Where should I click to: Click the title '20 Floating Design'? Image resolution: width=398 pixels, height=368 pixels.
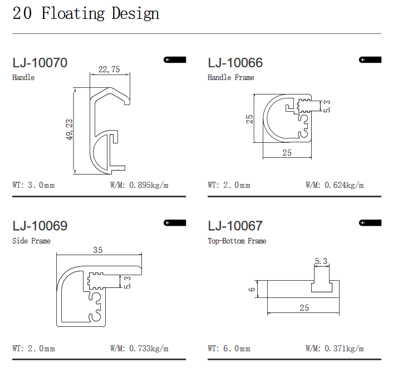(x=86, y=13)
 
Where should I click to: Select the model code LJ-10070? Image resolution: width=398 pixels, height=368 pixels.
(x=40, y=63)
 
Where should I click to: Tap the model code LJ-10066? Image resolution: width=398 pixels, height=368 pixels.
(x=235, y=63)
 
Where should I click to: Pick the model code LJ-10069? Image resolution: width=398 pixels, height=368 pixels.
(x=40, y=226)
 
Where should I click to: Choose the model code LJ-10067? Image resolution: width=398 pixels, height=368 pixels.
(x=235, y=226)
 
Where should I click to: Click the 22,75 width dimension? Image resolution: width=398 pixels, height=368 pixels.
(x=109, y=69)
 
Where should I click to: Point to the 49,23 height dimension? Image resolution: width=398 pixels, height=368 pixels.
(x=70, y=130)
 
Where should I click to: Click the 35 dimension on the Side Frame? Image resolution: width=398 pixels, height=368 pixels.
(x=98, y=250)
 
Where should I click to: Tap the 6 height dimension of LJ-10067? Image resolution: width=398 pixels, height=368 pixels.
(x=252, y=289)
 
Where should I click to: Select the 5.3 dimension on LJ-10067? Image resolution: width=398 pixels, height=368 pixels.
(x=321, y=261)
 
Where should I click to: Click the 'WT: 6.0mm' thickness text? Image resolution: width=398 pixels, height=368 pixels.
(x=229, y=349)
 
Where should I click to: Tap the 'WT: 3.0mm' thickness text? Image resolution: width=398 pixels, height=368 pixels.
(x=33, y=185)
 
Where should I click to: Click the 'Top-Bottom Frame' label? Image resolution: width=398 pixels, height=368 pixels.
(x=237, y=241)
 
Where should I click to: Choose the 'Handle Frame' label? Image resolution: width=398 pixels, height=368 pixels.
(x=230, y=77)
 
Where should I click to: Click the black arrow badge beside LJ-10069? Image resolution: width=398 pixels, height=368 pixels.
(x=175, y=222)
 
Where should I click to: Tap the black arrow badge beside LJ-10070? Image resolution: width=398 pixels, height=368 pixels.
(x=175, y=59)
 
